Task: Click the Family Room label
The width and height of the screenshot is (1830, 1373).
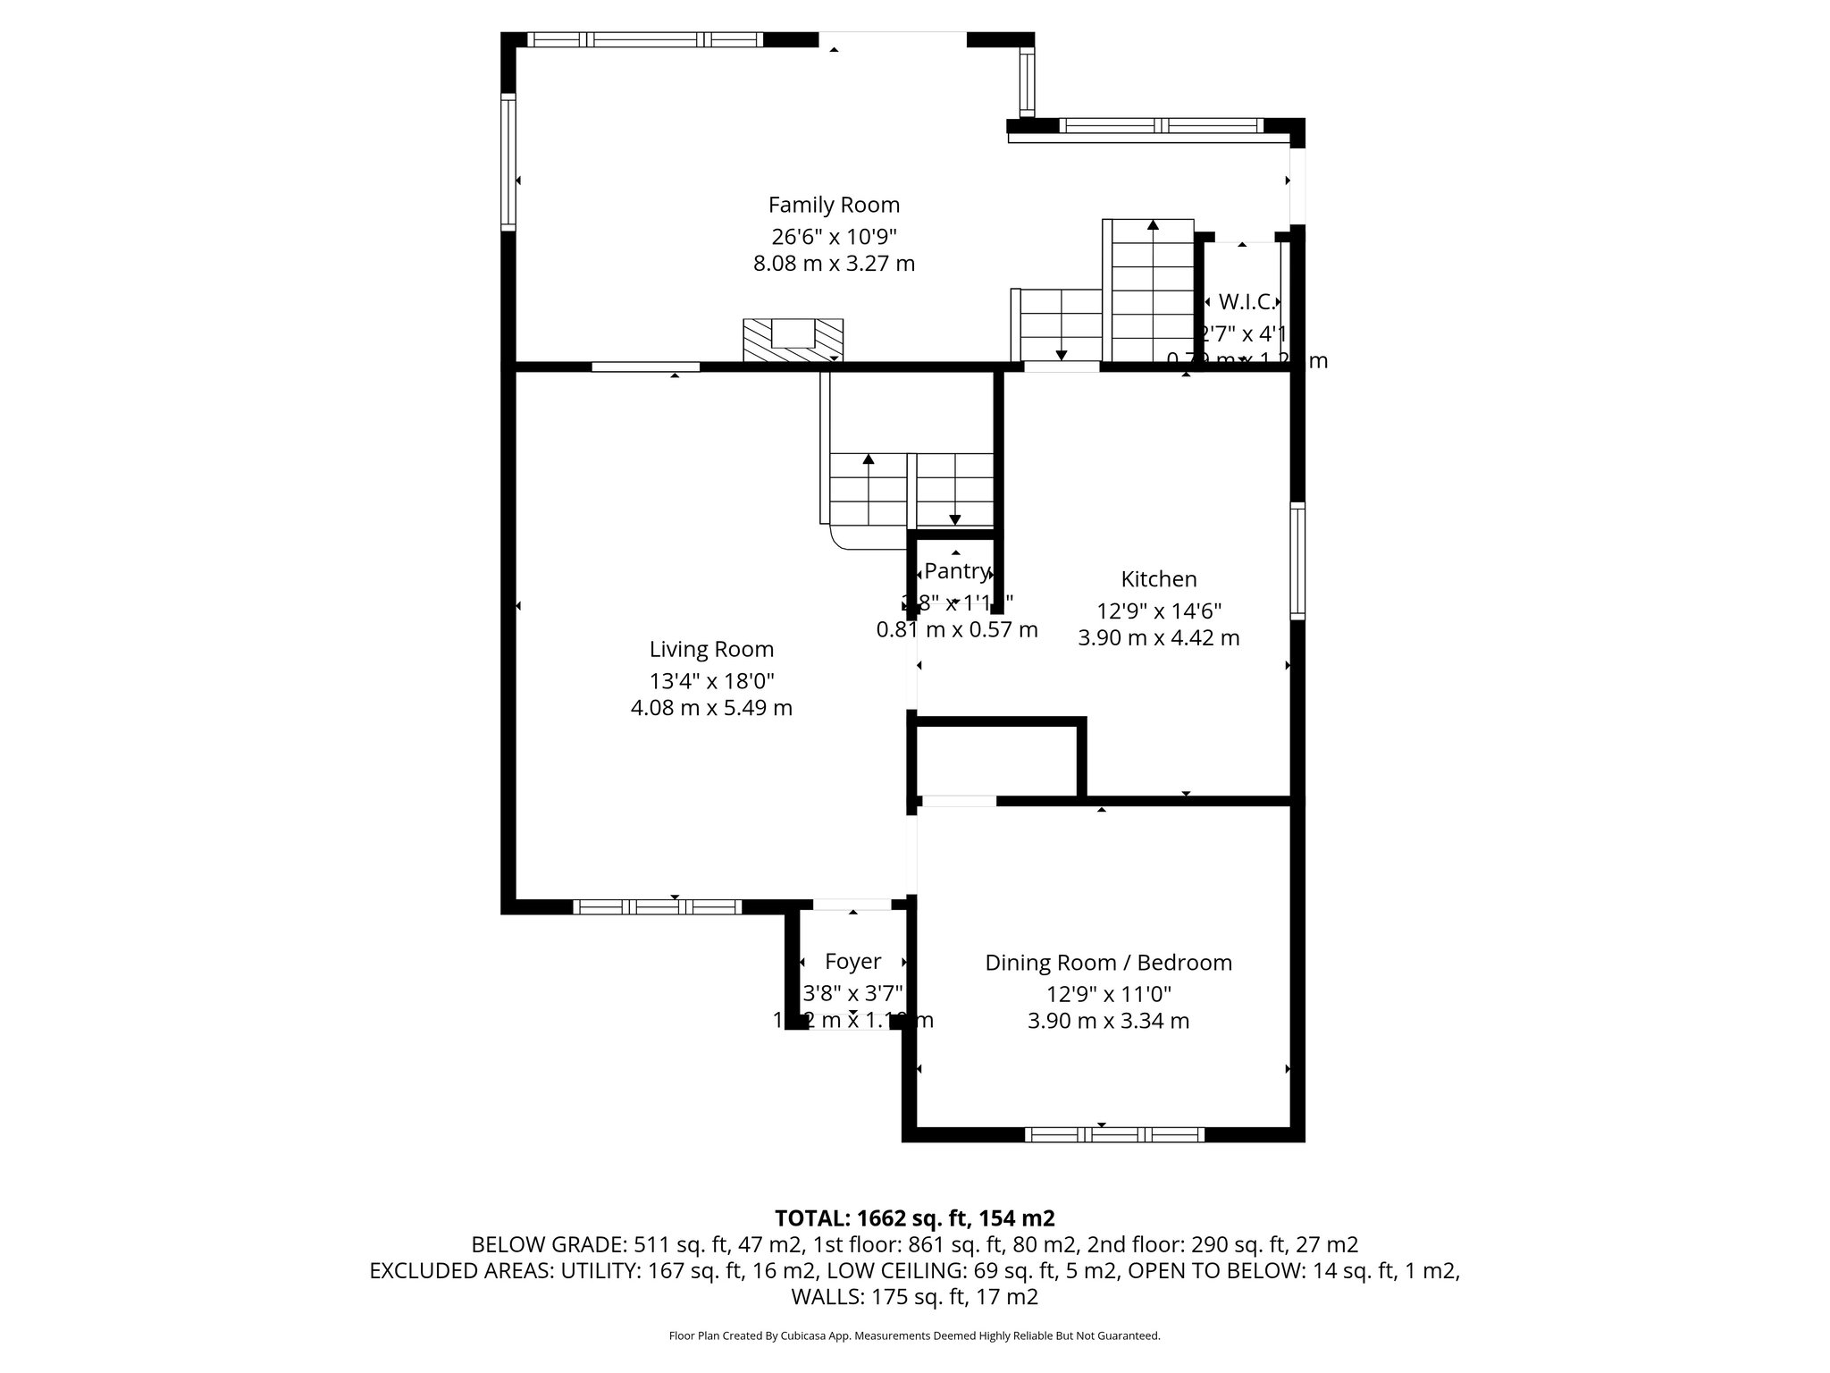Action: tap(834, 205)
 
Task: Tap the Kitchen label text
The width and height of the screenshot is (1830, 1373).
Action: tap(1159, 579)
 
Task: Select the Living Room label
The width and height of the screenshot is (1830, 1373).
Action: tap(711, 649)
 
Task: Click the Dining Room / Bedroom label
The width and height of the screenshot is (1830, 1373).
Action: tap(1108, 963)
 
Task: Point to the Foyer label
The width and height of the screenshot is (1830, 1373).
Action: tap(852, 962)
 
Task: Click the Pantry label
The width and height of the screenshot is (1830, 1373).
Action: tap(957, 571)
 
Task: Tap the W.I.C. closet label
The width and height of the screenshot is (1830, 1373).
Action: tap(1246, 302)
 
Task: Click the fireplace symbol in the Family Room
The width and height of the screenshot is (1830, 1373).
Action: tap(793, 340)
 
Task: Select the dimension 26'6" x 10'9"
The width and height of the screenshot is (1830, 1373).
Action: tap(834, 237)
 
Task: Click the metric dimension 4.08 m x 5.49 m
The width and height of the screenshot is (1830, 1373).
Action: tap(711, 708)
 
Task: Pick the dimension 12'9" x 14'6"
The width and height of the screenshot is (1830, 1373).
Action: tap(1159, 611)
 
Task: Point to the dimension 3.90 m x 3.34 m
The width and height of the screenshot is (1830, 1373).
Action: tap(1108, 1021)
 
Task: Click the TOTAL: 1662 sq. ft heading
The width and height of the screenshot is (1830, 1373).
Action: tap(914, 1218)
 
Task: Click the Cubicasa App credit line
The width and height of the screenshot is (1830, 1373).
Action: tap(914, 1335)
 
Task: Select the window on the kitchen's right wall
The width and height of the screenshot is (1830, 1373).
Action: tap(1297, 560)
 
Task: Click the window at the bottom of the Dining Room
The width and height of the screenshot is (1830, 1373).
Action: tap(1113, 1135)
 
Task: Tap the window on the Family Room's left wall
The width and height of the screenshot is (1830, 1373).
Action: tap(508, 162)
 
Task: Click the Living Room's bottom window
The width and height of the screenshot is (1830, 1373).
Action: tap(657, 906)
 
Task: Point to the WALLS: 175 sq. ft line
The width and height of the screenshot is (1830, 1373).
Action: tap(914, 1296)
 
